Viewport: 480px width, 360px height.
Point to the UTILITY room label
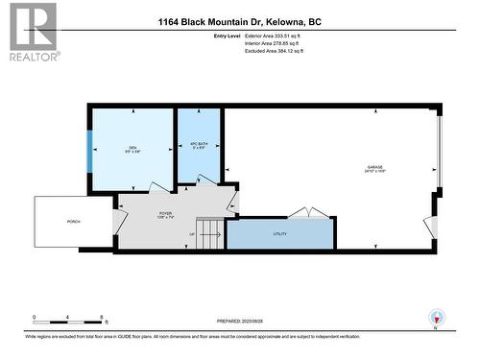(279, 233)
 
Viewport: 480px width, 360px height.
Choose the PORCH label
(74, 222)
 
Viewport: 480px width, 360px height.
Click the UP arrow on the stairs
(193, 234)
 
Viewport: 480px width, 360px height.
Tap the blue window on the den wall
(90, 150)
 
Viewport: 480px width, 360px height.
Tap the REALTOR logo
(32, 33)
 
